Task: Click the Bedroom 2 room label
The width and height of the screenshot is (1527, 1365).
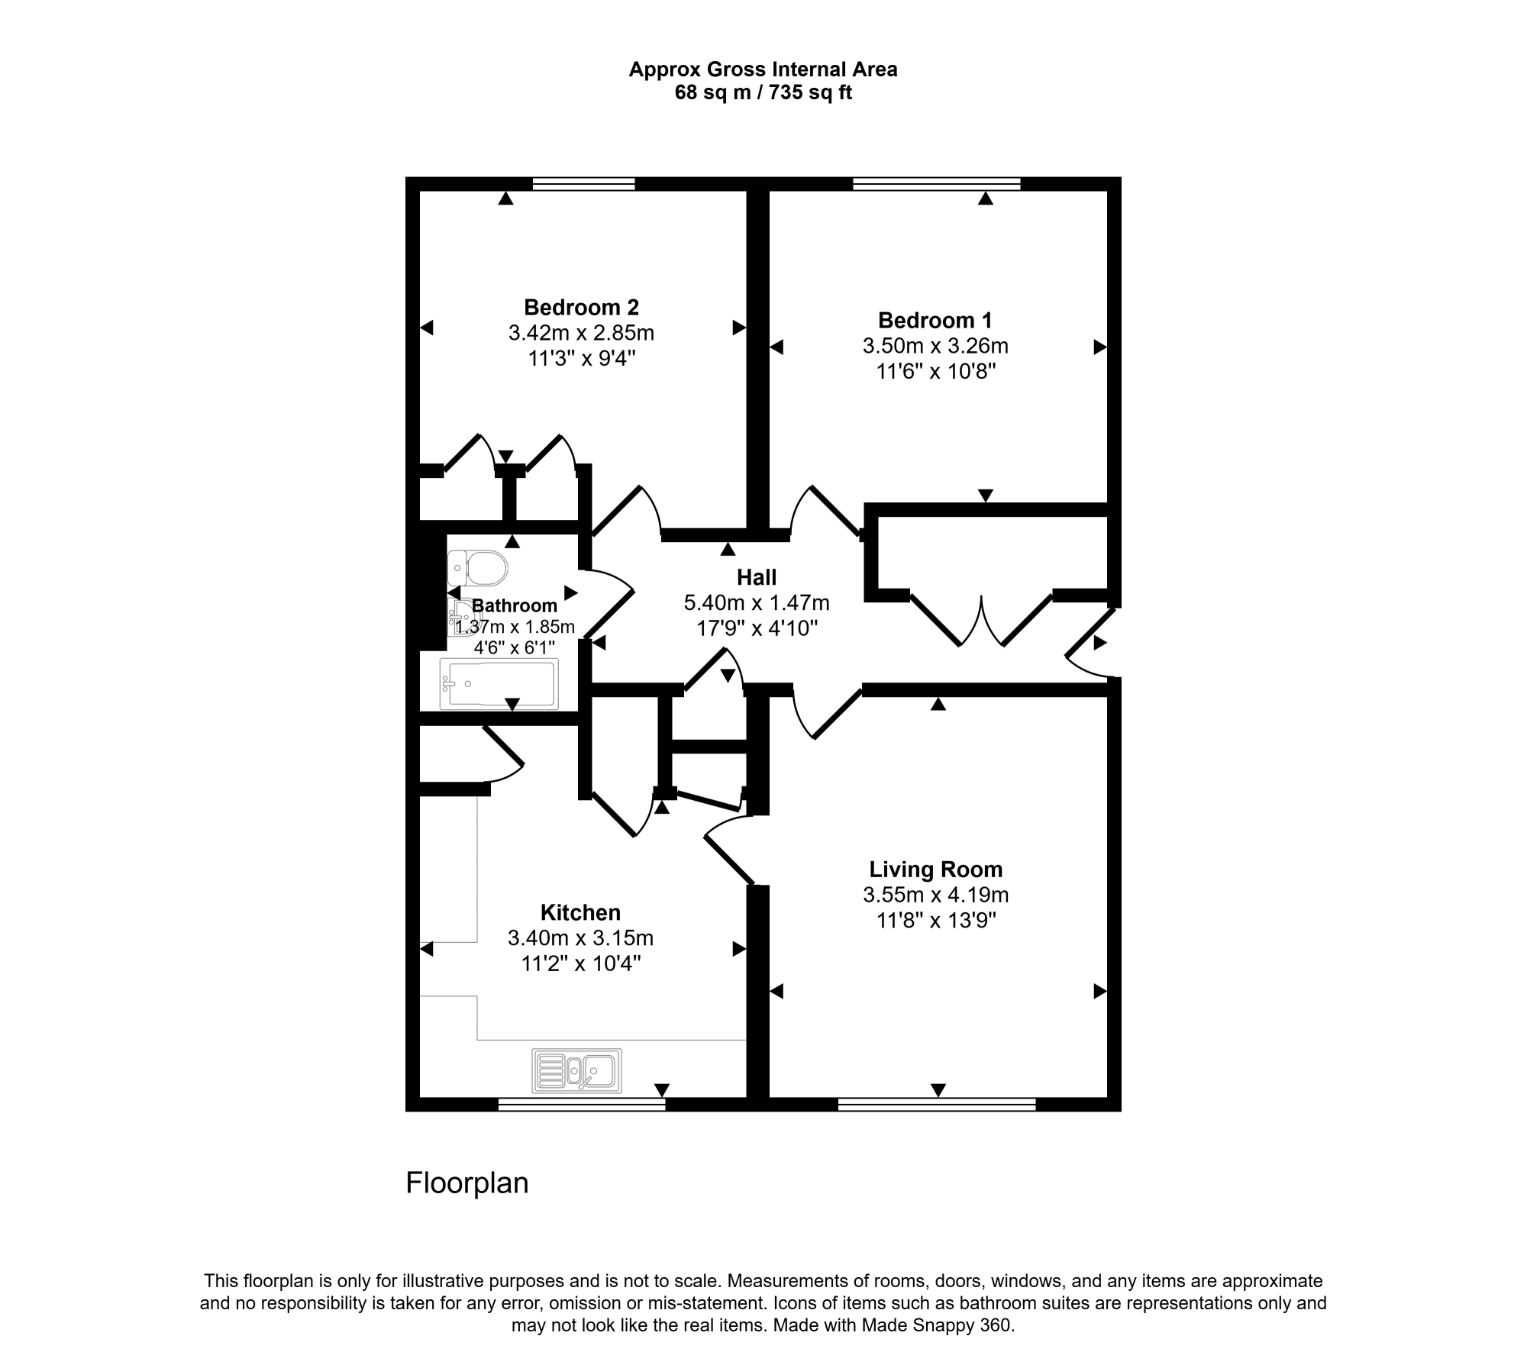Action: (x=581, y=308)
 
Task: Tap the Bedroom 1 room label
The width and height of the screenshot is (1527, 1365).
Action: (x=935, y=321)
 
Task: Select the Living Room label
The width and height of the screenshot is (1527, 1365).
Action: (x=935, y=870)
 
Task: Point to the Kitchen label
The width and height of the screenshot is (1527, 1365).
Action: (x=580, y=912)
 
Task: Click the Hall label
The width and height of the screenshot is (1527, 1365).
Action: (x=757, y=577)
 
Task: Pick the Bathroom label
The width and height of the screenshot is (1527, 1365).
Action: (x=515, y=606)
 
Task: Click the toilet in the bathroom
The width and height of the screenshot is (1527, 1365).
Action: (x=478, y=568)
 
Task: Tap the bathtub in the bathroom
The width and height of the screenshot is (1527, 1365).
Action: (x=500, y=683)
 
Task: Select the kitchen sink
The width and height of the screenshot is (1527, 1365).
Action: (x=576, y=1070)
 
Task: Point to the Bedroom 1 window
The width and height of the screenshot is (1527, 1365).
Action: (x=936, y=183)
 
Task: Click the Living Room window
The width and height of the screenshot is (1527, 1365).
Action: (x=937, y=1104)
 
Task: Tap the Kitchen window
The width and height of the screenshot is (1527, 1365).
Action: (x=582, y=1104)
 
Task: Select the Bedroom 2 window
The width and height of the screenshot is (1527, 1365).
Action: (x=583, y=183)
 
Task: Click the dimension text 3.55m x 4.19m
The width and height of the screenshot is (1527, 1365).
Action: (x=936, y=895)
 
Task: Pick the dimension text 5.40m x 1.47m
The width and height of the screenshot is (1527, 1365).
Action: (x=757, y=603)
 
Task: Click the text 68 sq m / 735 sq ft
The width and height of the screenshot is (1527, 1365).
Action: (x=763, y=93)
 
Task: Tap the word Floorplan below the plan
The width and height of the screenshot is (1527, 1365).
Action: (x=467, y=1183)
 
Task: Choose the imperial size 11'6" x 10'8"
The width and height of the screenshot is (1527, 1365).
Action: (x=936, y=372)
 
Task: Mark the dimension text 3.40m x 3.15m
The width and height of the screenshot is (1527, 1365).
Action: (x=580, y=937)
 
